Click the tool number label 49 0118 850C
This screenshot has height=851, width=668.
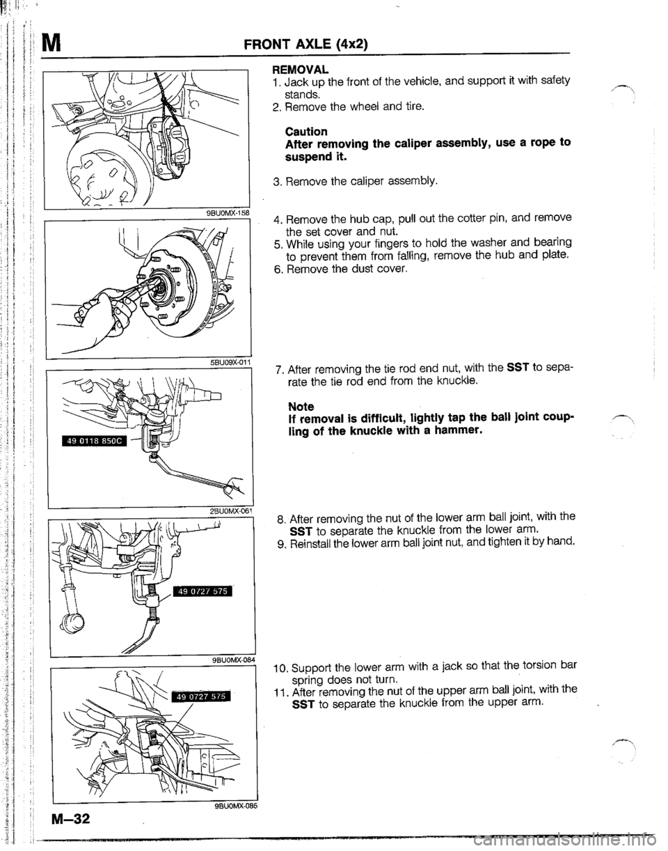tap(88, 439)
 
